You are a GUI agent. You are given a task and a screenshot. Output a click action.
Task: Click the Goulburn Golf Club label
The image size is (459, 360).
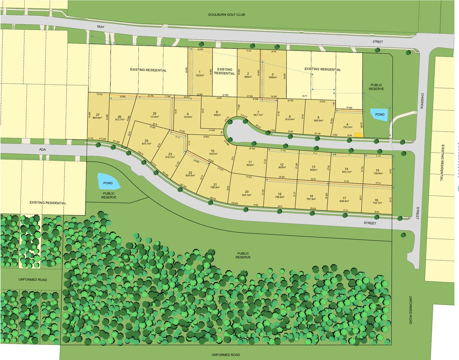point(226,15)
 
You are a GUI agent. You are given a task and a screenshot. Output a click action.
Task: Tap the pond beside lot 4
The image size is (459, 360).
point(380,114)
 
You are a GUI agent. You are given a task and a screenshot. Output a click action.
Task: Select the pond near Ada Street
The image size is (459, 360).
point(108,182)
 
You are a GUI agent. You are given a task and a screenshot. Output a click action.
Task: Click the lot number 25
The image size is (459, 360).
point(155,114)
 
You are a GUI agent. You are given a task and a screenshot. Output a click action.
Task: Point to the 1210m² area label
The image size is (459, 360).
point(155,117)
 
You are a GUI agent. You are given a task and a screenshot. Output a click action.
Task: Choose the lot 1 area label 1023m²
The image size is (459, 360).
point(200,75)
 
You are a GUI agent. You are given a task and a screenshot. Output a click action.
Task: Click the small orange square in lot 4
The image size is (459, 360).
point(358,135)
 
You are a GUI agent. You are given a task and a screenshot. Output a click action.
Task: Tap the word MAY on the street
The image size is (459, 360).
point(101,27)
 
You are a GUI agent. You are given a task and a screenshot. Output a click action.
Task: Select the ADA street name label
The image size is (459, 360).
point(43,149)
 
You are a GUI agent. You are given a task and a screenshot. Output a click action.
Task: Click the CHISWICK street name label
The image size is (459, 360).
point(422,101)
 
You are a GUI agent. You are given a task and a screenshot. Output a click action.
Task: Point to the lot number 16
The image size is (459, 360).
point(376,200)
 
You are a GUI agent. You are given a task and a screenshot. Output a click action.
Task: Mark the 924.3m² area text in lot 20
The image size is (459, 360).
point(246,195)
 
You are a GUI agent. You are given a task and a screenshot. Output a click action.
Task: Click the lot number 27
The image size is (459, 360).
point(98,115)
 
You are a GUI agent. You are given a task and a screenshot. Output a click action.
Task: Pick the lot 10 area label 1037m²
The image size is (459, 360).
point(213,154)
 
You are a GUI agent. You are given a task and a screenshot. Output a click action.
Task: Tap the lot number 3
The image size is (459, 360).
point(272,74)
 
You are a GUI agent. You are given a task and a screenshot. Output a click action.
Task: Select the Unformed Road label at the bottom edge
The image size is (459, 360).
point(226,355)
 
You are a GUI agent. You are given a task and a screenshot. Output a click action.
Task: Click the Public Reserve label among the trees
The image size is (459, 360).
point(243,255)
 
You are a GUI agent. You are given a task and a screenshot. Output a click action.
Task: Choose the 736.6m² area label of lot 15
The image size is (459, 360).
point(377,173)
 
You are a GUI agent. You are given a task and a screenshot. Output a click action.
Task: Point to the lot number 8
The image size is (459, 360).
point(217,112)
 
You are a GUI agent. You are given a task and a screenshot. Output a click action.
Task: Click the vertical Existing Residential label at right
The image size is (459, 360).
point(442,162)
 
